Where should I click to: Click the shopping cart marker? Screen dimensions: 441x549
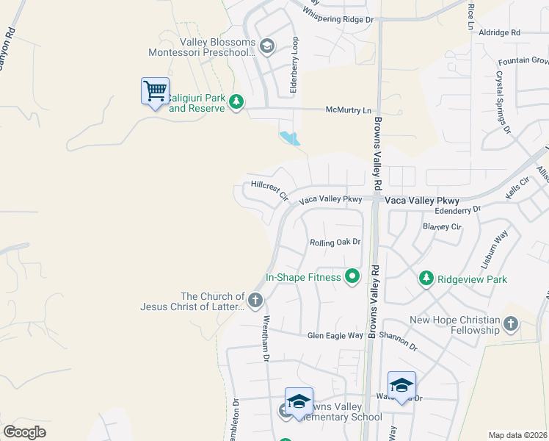(x=155, y=92)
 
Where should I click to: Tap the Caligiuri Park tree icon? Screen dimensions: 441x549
(x=236, y=101)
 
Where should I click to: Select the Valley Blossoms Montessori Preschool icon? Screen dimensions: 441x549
(x=266, y=47)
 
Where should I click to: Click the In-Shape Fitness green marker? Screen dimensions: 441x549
(x=353, y=277)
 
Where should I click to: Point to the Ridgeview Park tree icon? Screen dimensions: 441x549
(x=426, y=279)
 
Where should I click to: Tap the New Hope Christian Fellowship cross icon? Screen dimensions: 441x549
(x=512, y=323)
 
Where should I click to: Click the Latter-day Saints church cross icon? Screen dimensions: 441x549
(x=255, y=300)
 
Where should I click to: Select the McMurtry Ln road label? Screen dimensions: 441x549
(x=349, y=110)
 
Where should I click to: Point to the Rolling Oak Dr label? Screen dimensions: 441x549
(x=335, y=242)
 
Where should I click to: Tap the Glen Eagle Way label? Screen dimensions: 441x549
(x=335, y=335)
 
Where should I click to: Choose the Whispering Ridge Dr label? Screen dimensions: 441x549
(x=338, y=15)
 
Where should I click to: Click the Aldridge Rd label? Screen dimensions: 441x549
(x=498, y=33)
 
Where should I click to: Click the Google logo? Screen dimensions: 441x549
(x=24, y=432)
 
